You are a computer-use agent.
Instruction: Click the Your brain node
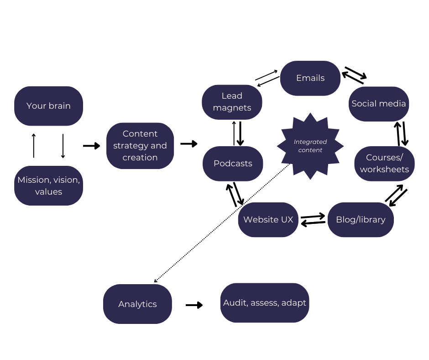48,106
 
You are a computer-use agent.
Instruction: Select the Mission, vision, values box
48,185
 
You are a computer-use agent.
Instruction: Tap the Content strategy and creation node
140,146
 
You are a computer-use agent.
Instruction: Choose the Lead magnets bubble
232,102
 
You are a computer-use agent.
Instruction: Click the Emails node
310,78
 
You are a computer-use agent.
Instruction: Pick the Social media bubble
379,104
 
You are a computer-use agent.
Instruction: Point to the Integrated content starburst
310,146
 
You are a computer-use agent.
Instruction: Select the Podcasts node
233,164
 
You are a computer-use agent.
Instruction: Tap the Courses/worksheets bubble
384,164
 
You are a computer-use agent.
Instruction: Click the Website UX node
268,220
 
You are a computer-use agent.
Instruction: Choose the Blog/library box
361,220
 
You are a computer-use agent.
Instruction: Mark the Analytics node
137,304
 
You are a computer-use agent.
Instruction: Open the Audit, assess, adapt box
265,303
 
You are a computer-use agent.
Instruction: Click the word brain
60,106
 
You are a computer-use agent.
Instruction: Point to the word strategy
130,146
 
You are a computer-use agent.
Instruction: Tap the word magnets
232,108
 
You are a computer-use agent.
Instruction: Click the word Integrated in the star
310,142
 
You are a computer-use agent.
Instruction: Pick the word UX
287,220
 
